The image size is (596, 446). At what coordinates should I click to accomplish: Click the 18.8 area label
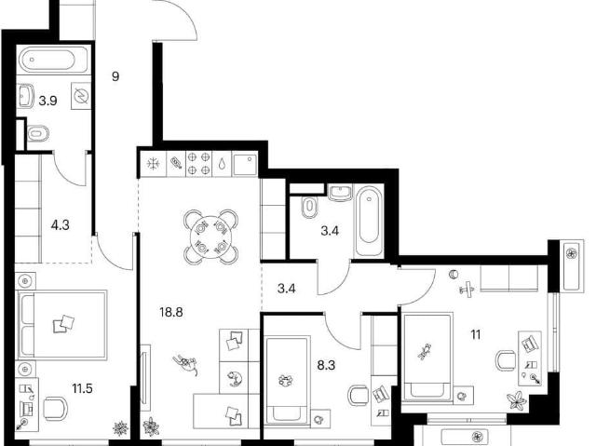(171, 312)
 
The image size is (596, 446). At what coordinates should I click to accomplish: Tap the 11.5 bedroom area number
(83, 388)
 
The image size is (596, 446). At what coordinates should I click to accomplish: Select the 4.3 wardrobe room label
(60, 225)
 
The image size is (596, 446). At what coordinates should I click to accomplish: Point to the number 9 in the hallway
(115, 76)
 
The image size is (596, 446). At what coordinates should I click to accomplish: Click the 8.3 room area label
(326, 365)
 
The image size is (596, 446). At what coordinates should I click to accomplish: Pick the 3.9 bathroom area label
(47, 101)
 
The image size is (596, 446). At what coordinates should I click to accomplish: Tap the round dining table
(210, 237)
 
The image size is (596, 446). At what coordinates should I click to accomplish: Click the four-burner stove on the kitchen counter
(198, 163)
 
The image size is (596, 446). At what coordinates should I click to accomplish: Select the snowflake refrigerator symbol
(153, 164)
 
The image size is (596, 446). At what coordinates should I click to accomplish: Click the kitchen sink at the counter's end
(244, 163)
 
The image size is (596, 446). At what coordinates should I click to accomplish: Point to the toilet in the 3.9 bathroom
(38, 133)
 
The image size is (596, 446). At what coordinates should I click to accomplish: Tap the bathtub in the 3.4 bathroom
(369, 220)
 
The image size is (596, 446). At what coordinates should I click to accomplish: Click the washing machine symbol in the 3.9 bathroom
(81, 96)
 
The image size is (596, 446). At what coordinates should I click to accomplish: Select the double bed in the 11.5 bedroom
(62, 324)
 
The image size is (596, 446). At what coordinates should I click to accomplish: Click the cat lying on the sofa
(235, 379)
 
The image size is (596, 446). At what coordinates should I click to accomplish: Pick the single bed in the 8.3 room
(287, 380)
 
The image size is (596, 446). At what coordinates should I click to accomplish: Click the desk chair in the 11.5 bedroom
(56, 409)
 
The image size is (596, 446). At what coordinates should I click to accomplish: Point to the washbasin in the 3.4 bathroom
(341, 192)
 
